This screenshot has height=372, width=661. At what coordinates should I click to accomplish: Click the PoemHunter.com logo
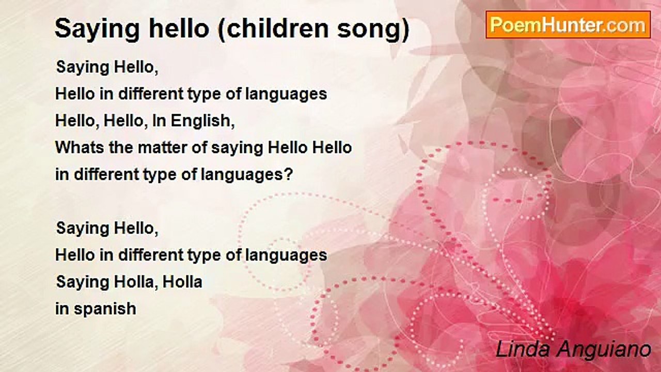568,25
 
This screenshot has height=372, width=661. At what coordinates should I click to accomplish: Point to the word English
202,121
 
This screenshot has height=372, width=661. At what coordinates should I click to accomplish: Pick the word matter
162,147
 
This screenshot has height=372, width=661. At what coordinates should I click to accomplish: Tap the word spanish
105,309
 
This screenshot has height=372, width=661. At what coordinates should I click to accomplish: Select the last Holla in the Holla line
182,282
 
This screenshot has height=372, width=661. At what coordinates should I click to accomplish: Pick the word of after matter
199,147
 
